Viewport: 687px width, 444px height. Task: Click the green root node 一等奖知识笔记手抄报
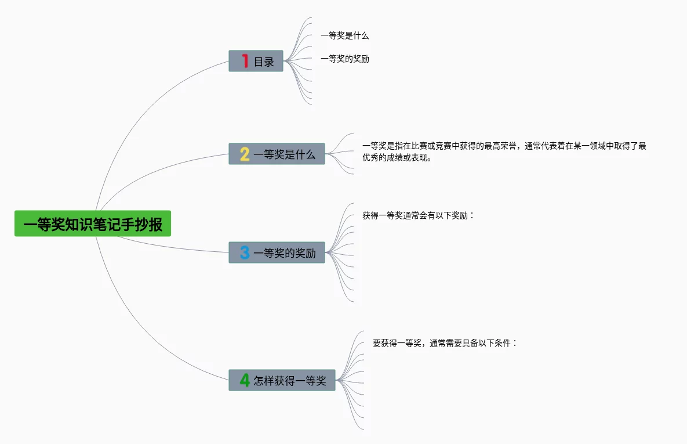[x=93, y=223]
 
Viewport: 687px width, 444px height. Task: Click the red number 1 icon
[x=245, y=61]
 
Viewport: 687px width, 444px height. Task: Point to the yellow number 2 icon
[x=245, y=154]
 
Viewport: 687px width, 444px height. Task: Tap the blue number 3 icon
[x=245, y=252]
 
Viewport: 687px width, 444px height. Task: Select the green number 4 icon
[x=245, y=380]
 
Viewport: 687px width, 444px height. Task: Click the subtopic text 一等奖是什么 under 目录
[x=344, y=35]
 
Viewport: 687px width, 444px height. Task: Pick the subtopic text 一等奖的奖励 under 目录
[x=344, y=59]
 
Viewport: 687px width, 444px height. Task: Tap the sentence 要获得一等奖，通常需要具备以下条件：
[x=445, y=343]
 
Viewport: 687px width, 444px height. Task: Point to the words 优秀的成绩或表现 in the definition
[x=394, y=158]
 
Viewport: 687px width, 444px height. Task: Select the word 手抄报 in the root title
[x=148, y=224]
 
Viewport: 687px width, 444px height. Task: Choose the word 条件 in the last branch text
[x=503, y=343]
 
